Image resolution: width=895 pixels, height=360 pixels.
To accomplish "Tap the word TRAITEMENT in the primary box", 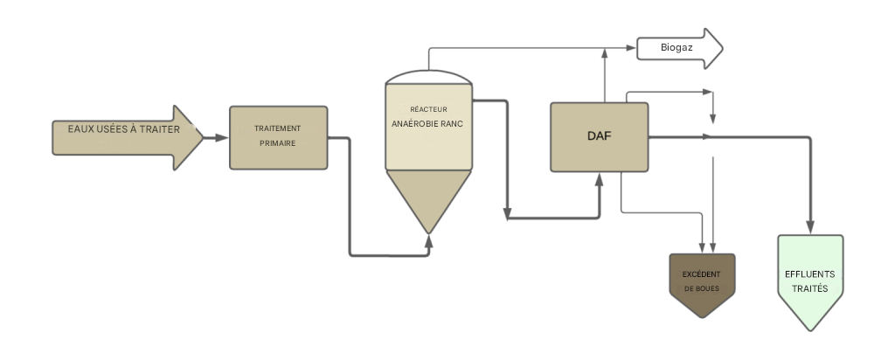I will point(277,128).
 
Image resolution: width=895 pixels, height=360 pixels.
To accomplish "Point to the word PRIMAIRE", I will point(277,143).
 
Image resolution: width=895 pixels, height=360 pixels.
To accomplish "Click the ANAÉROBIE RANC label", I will point(427,124).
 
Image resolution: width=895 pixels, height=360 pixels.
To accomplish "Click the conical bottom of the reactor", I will point(428,197).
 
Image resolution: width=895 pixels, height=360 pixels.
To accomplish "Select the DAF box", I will point(599,137).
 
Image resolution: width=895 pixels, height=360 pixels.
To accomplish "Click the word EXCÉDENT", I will point(702,273).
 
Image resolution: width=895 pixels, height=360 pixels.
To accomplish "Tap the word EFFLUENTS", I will point(810,273).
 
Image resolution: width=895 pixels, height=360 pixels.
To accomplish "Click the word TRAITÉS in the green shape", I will point(810,288).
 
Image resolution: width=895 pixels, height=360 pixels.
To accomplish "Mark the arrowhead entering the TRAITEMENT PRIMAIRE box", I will point(223,137).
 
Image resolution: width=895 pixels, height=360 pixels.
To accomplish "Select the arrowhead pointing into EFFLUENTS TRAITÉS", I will point(810,227).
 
